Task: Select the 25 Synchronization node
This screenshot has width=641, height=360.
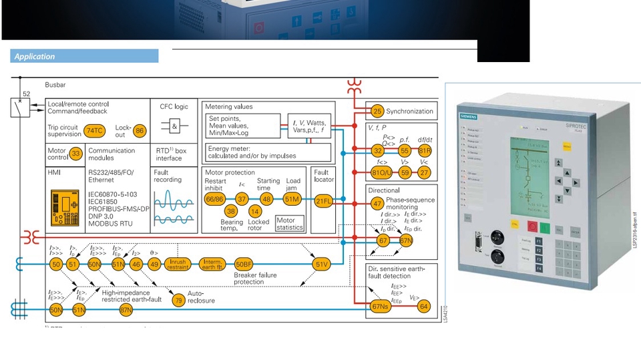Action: coord(377,112)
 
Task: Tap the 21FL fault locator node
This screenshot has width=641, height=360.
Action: coord(324,200)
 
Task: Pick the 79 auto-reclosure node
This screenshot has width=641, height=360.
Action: coord(178,301)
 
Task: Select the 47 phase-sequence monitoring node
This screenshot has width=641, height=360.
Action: coord(378,204)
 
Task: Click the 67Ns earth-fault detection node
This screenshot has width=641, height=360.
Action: coord(380,307)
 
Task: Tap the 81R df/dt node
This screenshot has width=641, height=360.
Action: coord(425,152)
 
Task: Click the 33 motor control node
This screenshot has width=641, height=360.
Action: coord(75,154)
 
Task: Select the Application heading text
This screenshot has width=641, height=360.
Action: coord(35,57)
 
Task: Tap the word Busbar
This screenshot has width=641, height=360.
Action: coord(55,85)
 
